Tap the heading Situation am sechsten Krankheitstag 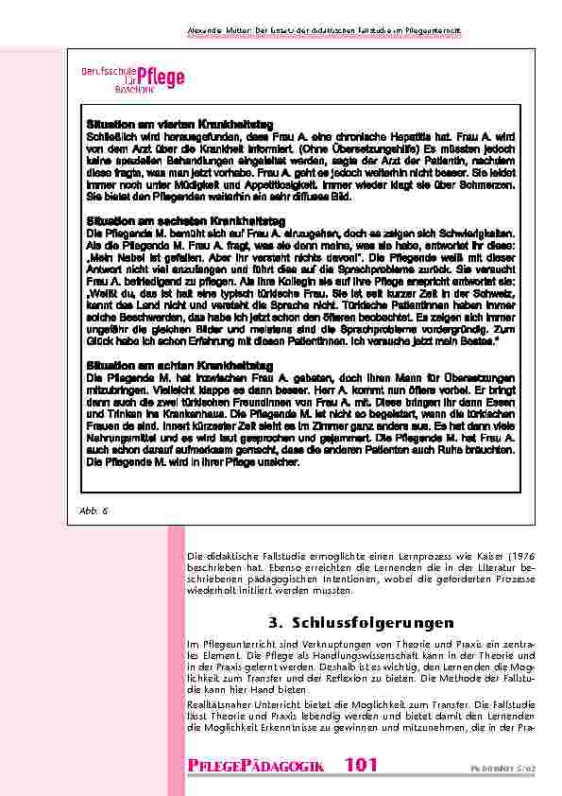pos(170,219)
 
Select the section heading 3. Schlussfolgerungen pos(349,622)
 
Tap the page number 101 pos(362,765)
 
